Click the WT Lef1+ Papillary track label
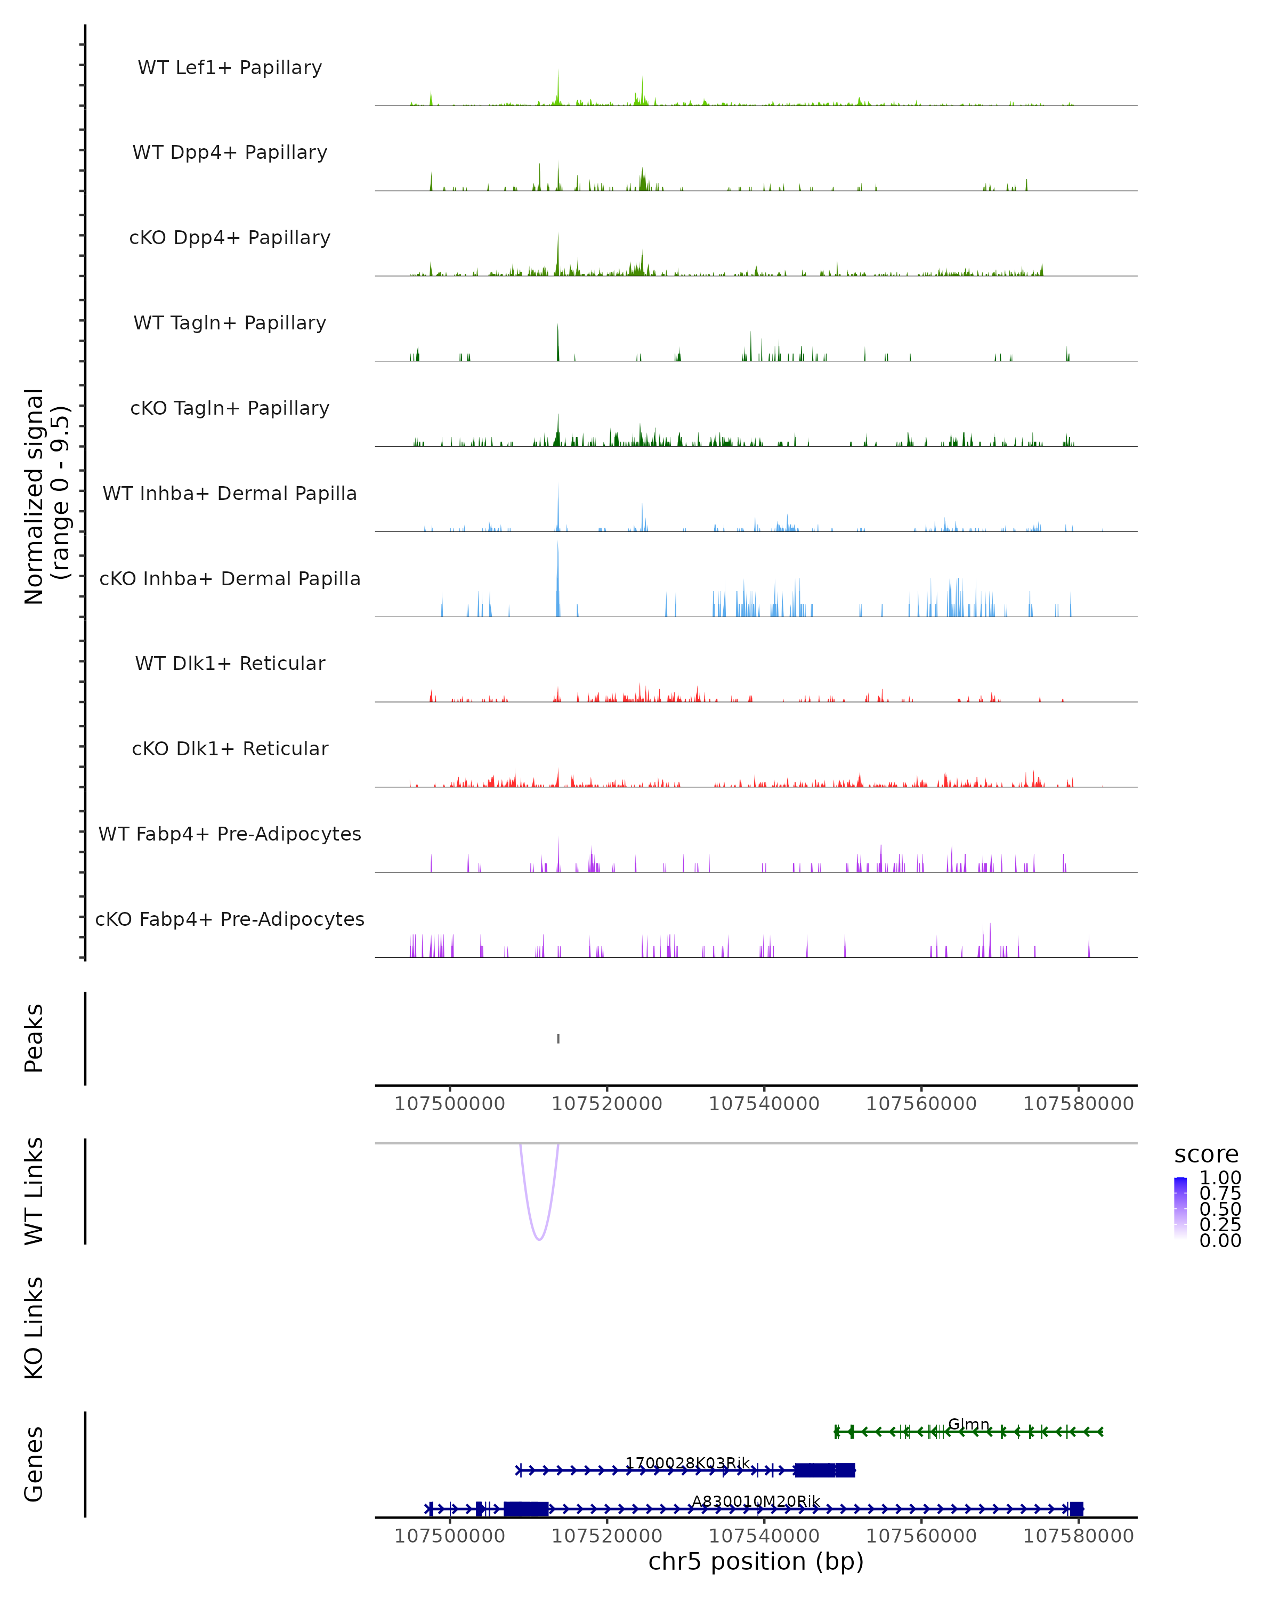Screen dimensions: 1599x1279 point(230,68)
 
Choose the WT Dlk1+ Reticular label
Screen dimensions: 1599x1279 point(230,663)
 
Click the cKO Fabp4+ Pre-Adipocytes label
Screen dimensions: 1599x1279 point(230,919)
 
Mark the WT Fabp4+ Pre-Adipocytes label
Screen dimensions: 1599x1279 point(230,834)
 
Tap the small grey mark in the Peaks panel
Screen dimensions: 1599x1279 point(558,1038)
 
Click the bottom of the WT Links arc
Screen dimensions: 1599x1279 point(539,1239)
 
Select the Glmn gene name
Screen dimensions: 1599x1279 point(968,1424)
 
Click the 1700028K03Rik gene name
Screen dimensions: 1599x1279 point(687,1463)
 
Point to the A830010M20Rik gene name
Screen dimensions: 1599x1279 point(756,1501)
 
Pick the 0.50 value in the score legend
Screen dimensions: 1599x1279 point(1220,1209)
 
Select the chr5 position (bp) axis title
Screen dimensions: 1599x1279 point(756,1561)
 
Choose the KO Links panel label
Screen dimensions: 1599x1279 point(34,1328)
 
